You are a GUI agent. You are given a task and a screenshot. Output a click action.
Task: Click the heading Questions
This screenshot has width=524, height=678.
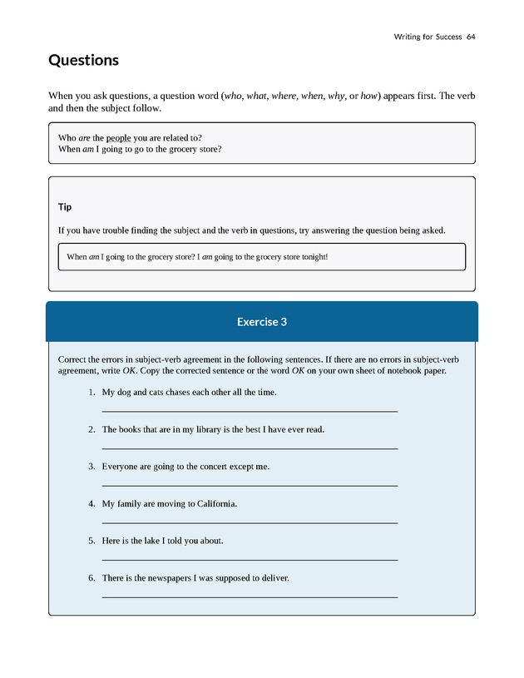(83, 61)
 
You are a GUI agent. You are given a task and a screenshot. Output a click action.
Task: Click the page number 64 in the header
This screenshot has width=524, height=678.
(471, 37)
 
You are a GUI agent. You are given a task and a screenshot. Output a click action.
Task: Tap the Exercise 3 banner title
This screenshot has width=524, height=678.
(261, 322)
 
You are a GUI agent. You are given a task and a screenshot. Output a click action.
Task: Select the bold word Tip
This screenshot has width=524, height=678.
(65, 206)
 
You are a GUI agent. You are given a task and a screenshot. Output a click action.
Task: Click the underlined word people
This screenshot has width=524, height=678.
(119, 137)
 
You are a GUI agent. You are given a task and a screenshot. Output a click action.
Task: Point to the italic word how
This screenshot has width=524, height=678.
(369, 97)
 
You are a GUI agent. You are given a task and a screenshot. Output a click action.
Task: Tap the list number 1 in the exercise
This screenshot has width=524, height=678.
(91, 393)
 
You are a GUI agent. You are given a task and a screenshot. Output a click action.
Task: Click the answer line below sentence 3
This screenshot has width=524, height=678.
(250, 486)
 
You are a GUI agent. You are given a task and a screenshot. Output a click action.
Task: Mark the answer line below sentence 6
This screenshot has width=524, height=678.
(250, 596)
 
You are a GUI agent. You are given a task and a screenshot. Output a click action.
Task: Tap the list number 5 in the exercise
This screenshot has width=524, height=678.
(91, 541)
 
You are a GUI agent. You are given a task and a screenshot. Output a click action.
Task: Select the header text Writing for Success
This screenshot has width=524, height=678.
(428, 37)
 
